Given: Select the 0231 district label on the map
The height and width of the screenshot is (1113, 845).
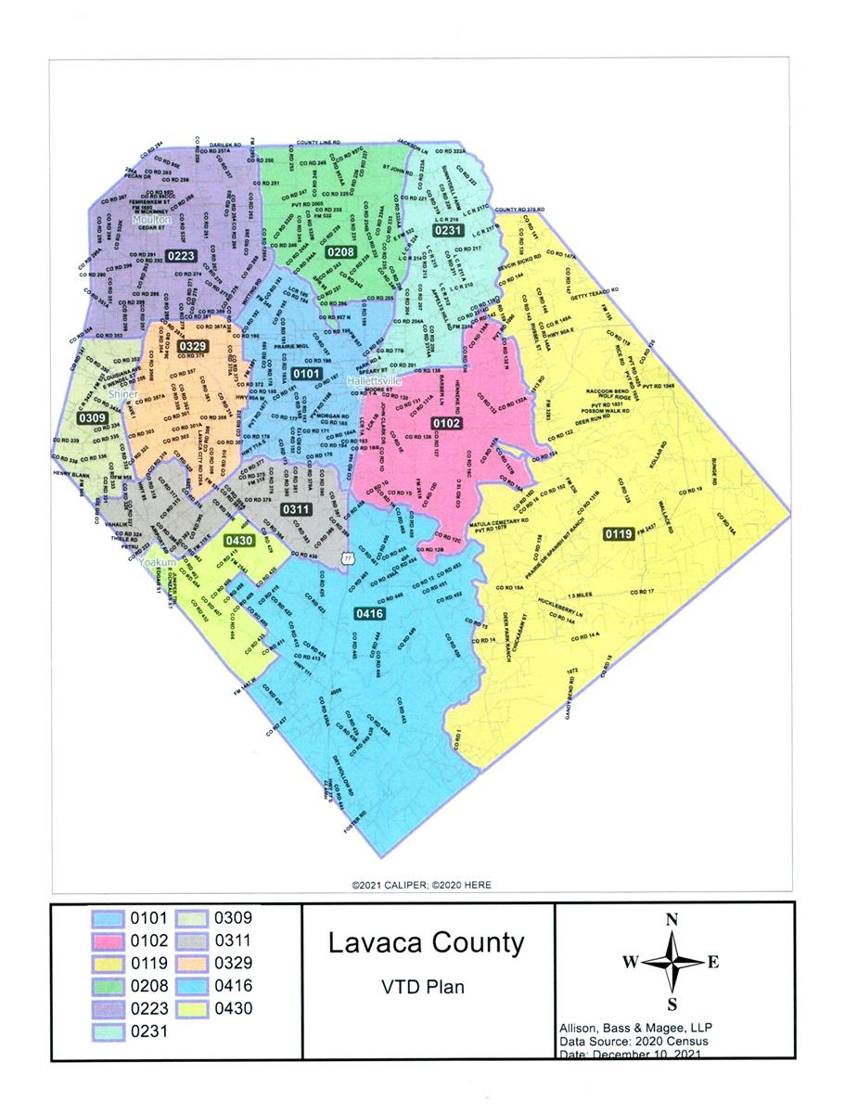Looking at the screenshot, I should (448, 230).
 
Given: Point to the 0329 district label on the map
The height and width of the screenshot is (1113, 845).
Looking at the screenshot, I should (193, 346).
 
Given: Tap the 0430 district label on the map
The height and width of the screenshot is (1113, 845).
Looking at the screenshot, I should (239, 541).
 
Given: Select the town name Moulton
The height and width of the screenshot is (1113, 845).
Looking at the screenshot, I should (151, 220).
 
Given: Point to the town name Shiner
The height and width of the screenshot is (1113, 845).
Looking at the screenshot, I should (123, 393).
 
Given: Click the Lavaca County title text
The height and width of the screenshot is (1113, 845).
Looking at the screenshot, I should (426, 944).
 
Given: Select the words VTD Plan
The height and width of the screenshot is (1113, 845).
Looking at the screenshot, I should (426, 987).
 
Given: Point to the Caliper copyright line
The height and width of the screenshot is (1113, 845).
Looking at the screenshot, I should (421, 885).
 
